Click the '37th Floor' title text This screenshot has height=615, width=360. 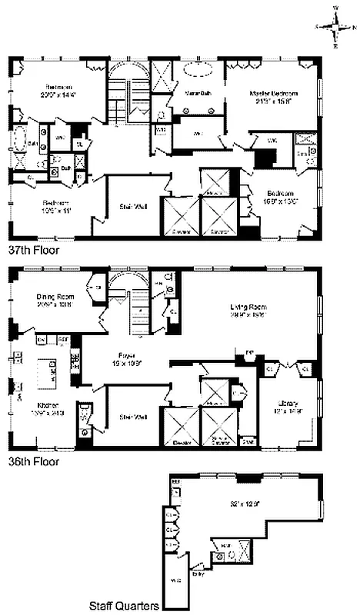(x=33, y=250)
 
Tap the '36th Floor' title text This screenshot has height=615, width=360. (x=33, y=464)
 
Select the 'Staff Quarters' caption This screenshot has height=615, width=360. (x=125, y=605)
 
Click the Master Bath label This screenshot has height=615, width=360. (x=198, y=94)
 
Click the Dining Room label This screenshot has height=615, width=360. (x=55, y=300)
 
